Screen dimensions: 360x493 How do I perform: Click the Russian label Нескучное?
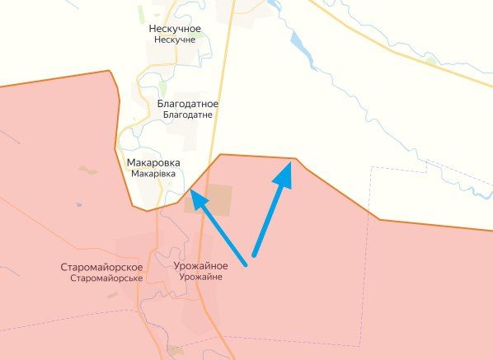[175, 29]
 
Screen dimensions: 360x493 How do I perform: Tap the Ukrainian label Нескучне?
[175, 40]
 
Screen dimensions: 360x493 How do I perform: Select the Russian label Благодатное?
[187, 104]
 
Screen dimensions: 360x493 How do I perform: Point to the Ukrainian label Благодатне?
[187, 115]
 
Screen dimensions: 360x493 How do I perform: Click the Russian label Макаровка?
[153, 163]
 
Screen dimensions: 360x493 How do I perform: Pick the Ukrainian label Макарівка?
[153, 175]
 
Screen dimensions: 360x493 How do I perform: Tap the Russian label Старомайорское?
[102, 268]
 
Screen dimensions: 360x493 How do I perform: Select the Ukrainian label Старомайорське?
[106, 278]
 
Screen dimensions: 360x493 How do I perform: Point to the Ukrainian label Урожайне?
[199, 278]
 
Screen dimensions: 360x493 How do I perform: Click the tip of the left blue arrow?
[191, 192]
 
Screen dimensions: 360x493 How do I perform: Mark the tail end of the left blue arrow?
[246, 264]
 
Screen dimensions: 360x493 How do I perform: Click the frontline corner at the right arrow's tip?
[296, 158]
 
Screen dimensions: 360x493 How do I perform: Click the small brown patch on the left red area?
[87, 171]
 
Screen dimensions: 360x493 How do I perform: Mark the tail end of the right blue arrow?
[254, 252]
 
